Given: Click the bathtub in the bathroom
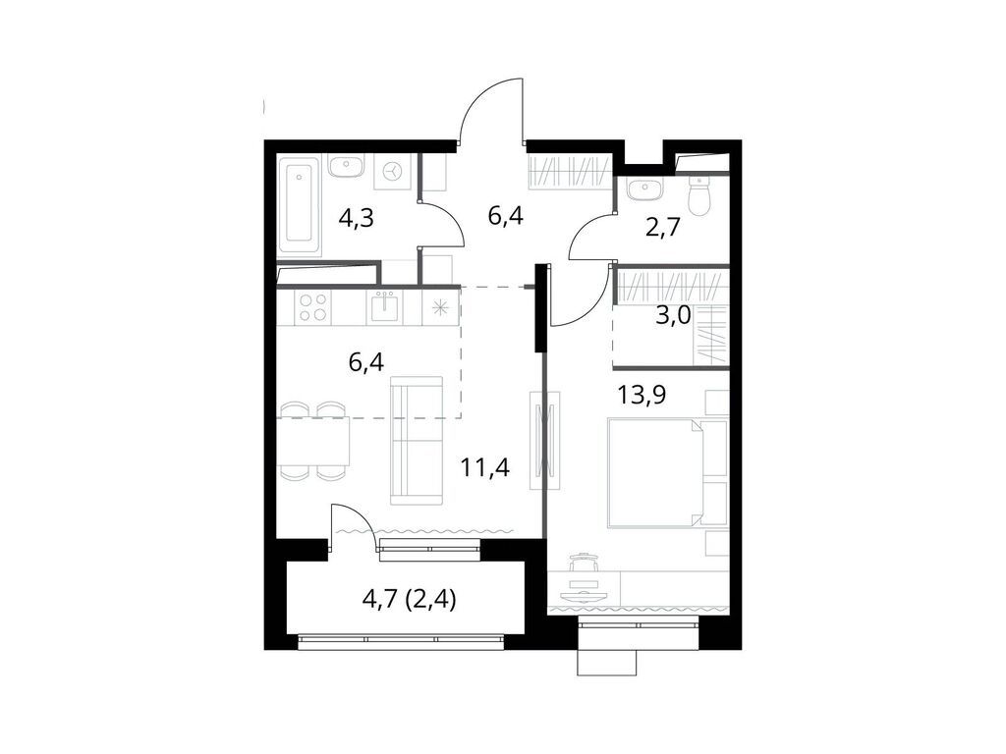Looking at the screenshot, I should pyautogui.click(x=300, y=206).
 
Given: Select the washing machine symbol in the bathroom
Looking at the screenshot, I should pyautogui.click(x=394, y=170).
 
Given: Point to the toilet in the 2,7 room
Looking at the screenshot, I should pyautogui.click(x=699, y=196).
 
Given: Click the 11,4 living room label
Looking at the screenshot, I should pyautogui.click(x=484, y=466).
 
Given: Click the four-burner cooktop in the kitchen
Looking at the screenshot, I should pyautogui.click(x=313, y=307).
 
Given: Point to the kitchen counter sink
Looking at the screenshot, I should pyautogui.click(x=383, y=307).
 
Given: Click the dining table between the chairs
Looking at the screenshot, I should pyautogui.click(x=314, y=441).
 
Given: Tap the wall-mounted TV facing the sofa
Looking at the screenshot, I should pyautogui.click(x=545, y=441).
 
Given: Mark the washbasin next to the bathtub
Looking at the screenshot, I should pyautogui.click(x=345, y=167).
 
